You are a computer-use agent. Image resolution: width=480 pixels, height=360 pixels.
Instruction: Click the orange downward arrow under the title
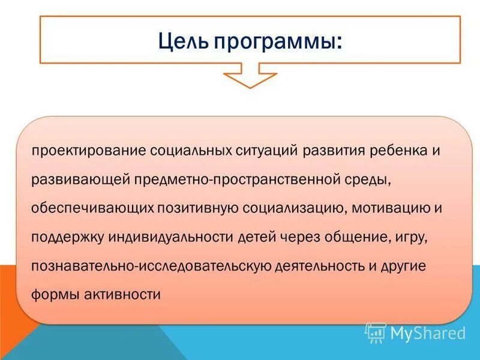(x=250, y=77)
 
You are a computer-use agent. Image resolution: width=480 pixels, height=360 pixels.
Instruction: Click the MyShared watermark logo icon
(x=376, y=332)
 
